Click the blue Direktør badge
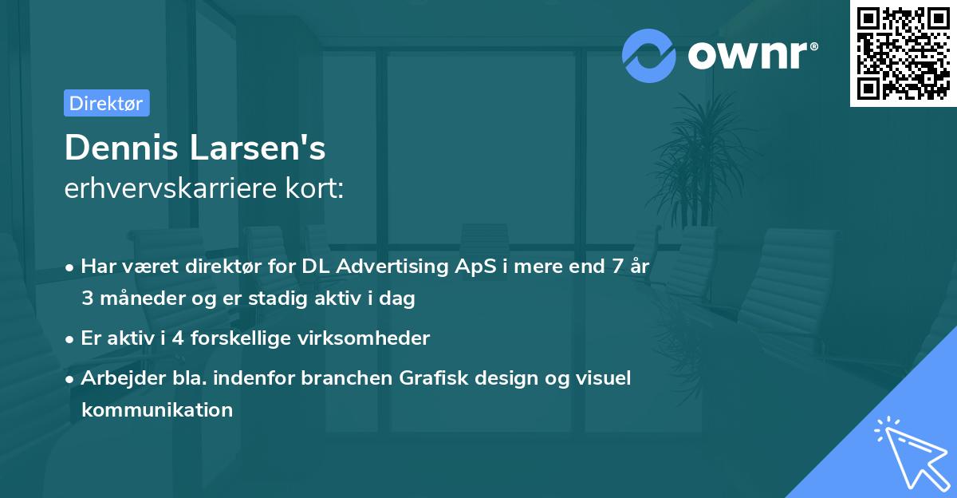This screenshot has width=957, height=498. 107,103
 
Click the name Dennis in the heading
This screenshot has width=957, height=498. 121,148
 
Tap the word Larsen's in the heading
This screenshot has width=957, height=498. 257,148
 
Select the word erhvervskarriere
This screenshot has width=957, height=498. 171,188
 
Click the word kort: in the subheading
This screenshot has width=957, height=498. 314,188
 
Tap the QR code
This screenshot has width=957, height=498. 904,53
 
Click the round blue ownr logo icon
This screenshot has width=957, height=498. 649,56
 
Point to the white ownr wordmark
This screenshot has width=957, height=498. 753,55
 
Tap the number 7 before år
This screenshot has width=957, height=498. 617,267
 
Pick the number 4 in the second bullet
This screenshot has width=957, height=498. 178,338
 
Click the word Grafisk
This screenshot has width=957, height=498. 434,377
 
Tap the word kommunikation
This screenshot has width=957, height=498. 157,409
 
